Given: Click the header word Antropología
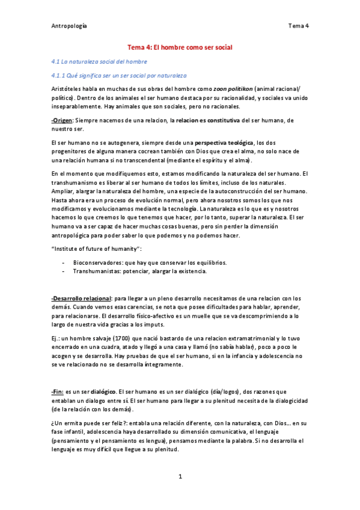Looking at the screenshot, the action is coord(69,26).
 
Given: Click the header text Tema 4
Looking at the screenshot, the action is coord(299,26).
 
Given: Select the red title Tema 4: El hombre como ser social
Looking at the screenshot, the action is coord(180,46).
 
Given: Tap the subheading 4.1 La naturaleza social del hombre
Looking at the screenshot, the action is coord(99,61).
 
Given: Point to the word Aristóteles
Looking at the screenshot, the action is coord(69,88).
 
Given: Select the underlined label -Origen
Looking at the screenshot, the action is coord(62,121).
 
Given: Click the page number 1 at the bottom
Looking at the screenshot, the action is coord(180,476).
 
